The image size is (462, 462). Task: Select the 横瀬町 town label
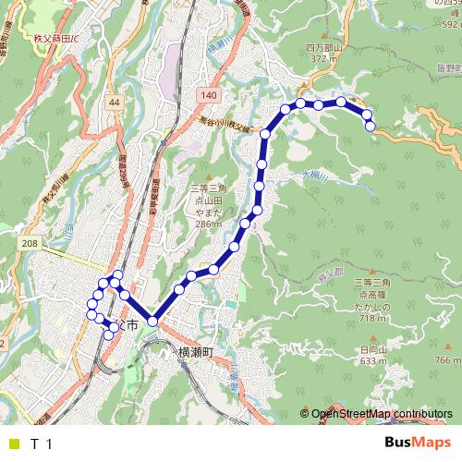click(x=195, y=352)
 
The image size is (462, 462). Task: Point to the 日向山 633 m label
click(x=371, y=355)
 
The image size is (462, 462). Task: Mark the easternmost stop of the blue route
click(x=371, y=127)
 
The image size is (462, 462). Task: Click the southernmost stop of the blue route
click(x=108, y=334)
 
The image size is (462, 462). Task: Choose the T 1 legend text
click(x=41, y=444)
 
